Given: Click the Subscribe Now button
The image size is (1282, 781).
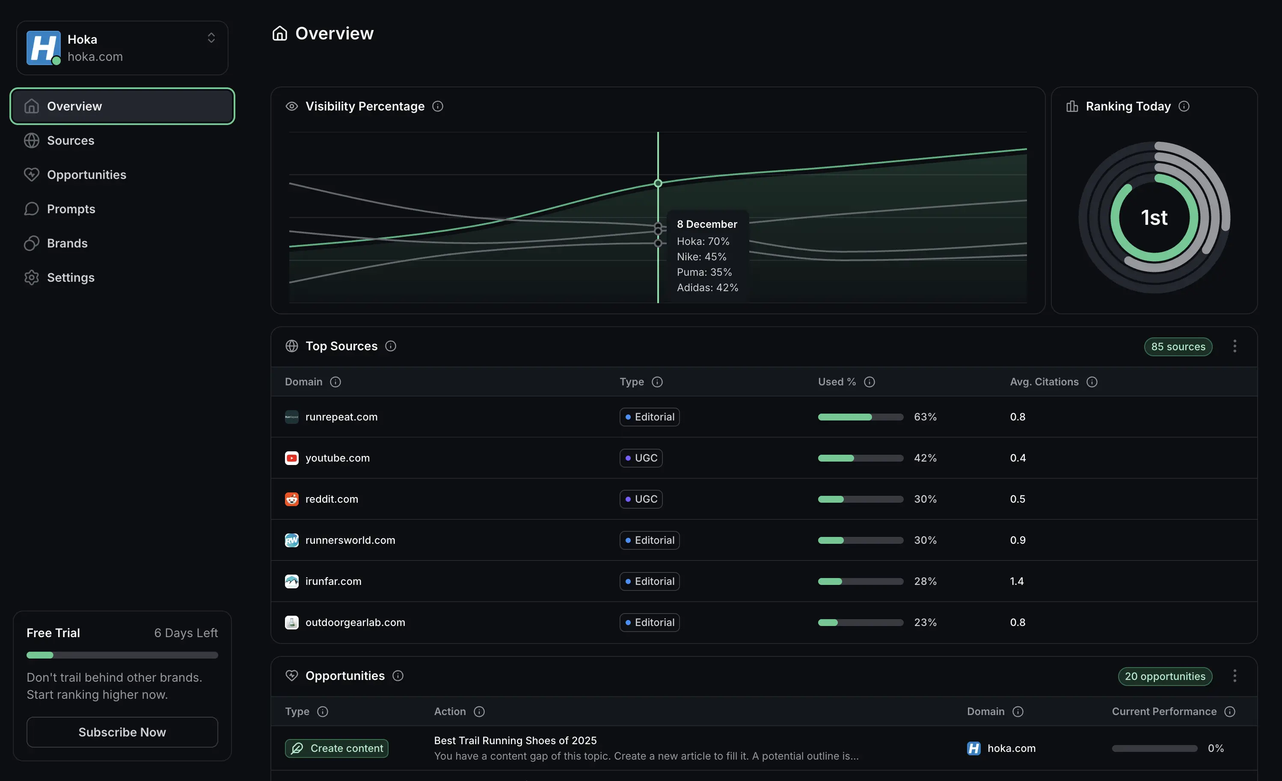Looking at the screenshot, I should [122, 732].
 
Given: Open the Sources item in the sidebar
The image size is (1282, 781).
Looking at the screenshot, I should [70, 140].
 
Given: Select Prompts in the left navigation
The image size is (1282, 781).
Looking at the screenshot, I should [71, 209].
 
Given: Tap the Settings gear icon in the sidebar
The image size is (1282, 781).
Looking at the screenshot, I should [32, 277].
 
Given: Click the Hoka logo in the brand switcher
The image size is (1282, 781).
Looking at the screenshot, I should [43, 48].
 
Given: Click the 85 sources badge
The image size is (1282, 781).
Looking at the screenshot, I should [1178, 347].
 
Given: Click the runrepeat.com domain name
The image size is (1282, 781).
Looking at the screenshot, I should [341, 417].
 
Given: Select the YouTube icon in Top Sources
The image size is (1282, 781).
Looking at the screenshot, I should [292, 458].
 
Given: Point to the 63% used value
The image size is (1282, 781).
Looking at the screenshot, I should [925, 417].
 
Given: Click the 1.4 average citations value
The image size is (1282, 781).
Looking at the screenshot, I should [1017, 581].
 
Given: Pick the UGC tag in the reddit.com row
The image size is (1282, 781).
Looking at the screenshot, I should [641, 499].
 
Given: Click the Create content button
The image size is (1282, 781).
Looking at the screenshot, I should [337, 748].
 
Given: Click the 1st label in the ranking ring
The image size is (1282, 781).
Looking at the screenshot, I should [1154, 218].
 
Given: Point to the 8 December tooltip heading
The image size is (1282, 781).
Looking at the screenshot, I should [706, 224].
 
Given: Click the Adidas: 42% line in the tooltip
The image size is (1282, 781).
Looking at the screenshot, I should [707, 287].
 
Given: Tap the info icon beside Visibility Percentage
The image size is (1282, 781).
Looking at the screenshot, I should [438, 106].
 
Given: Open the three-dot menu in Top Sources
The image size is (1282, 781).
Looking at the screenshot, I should [1235, 346].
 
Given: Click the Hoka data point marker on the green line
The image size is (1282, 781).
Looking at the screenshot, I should [658, 183].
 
